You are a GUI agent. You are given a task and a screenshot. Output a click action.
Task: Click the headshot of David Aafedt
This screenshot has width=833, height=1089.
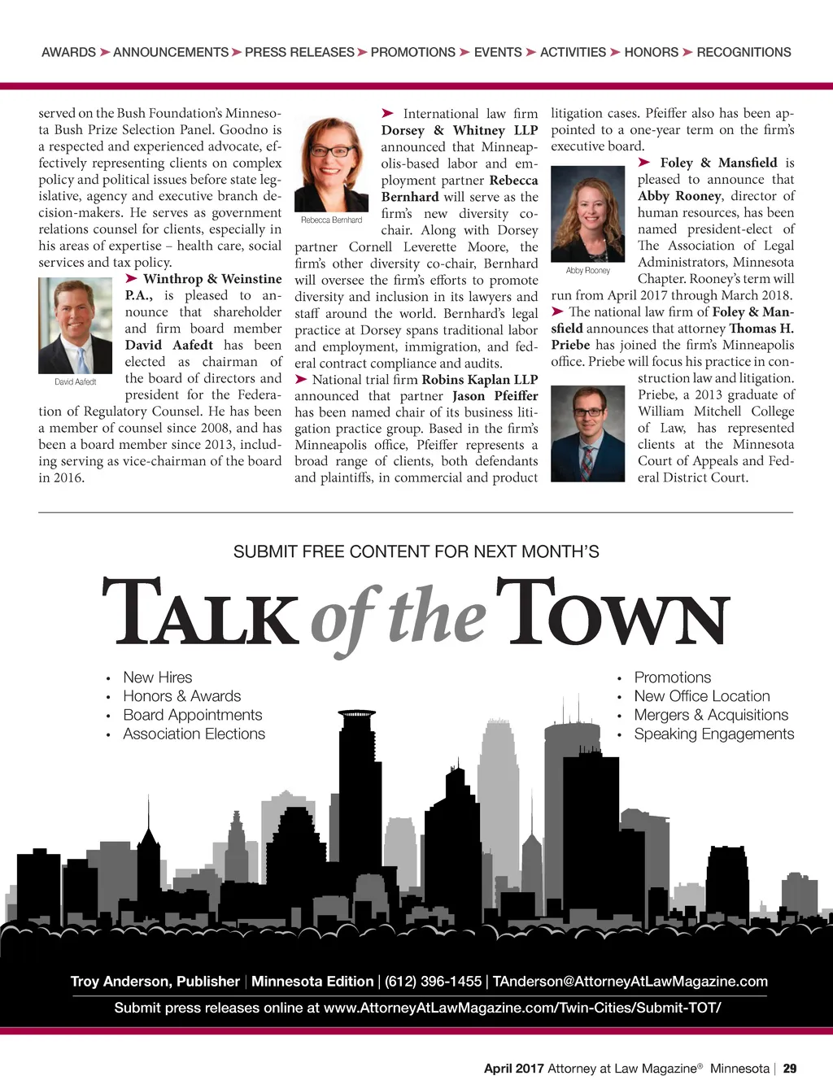[75, 325]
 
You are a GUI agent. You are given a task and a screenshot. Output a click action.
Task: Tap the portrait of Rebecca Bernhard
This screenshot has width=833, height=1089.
[331, 165]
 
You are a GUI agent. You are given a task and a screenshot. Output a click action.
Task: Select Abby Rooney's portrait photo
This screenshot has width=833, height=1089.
[587, 214]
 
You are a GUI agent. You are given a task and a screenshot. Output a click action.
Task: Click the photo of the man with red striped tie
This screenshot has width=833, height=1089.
[587, 433]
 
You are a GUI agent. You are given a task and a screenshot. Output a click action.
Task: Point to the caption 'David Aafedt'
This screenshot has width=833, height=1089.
[75, 381]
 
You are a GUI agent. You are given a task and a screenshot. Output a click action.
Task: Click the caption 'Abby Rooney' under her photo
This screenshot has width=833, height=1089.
[587, 270]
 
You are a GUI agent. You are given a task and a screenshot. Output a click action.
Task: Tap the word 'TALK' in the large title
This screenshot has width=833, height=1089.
[200, 613]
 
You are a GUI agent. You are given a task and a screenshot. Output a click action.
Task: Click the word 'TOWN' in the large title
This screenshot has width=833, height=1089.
[613, 613]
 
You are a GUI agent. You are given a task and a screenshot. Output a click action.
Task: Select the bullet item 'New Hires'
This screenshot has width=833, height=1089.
[158, 677]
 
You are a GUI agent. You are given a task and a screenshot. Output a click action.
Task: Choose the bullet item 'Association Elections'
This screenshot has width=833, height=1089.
[194, 734]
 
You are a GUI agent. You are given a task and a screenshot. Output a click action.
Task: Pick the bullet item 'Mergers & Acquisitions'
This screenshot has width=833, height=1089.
[711, 715]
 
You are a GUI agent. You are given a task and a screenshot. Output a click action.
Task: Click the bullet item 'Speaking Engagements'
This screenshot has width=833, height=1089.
[713, 734]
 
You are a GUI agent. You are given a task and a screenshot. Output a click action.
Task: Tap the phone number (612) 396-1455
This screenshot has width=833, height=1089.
[433, 982]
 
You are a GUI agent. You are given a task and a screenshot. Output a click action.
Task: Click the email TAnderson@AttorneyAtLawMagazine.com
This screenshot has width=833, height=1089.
[630, 982]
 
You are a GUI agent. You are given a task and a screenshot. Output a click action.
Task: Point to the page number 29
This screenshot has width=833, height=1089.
[790, 1069]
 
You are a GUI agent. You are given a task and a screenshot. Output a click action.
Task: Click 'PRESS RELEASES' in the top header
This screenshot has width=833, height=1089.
[299, 52]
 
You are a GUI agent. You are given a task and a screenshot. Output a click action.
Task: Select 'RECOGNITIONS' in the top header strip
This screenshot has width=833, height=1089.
[744, 52]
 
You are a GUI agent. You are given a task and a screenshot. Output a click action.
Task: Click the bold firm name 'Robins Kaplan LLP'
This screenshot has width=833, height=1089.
[479, 380]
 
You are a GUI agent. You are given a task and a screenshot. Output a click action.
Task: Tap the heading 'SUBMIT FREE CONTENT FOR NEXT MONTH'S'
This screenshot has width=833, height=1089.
[416, 551]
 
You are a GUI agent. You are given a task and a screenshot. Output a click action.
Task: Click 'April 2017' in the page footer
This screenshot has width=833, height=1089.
[513, 1069]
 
